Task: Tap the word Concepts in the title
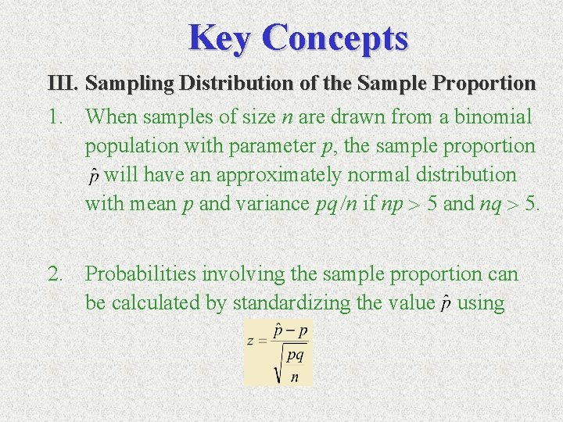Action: coord(335,38)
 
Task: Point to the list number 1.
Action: coord(54,118)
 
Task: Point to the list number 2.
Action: coord(54,274)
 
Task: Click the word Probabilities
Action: coord(141,274)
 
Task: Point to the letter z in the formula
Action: coord(250,342)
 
